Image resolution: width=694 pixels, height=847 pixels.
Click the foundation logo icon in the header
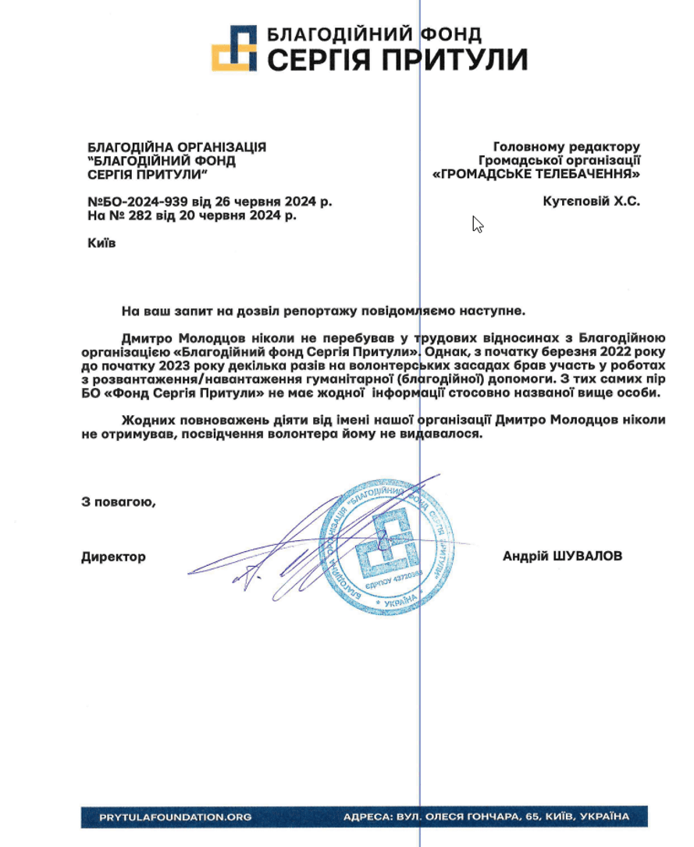click(x=234, y=48)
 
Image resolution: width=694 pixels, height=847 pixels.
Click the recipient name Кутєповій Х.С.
click(x=591, y=201)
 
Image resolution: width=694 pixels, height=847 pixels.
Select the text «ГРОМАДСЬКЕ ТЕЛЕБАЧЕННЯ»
click(x=536, y=173)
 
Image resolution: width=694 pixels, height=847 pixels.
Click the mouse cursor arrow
click(x=478, y=225)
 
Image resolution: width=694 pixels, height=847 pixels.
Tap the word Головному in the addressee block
click(x=526, y=146)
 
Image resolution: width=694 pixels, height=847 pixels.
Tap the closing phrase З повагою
click(x=119, y=502)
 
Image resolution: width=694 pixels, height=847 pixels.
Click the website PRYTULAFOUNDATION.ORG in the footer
click(x=176, y=817)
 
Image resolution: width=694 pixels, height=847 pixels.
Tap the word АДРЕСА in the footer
click(x=367, y=817)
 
